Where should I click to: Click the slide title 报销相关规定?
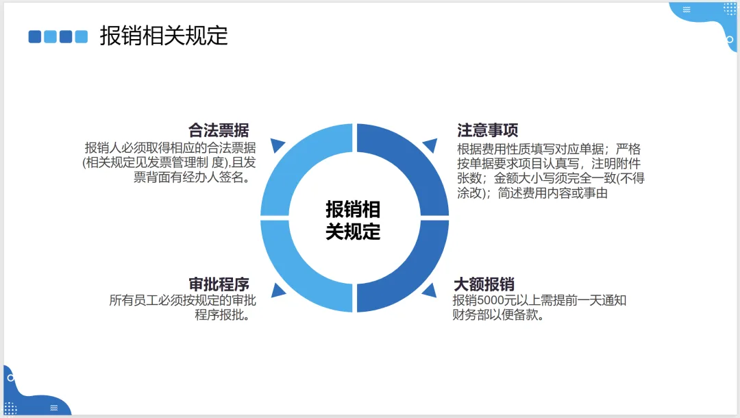point(164,36)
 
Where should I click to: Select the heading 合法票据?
point(219,130)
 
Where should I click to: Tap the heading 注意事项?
point(487,130)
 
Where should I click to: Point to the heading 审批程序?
point(219,284)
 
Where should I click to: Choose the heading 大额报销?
point(484,284)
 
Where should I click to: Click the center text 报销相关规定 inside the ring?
point(353,220)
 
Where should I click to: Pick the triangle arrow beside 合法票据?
point(277,145)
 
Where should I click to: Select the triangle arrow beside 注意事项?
point(430,145)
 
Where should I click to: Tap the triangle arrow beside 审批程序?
point(278,290)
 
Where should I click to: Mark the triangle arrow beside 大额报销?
point(430,290)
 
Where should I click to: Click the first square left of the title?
point(35,36)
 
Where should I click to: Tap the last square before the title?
point(82,36)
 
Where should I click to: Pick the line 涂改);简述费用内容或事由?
point(532,193)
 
